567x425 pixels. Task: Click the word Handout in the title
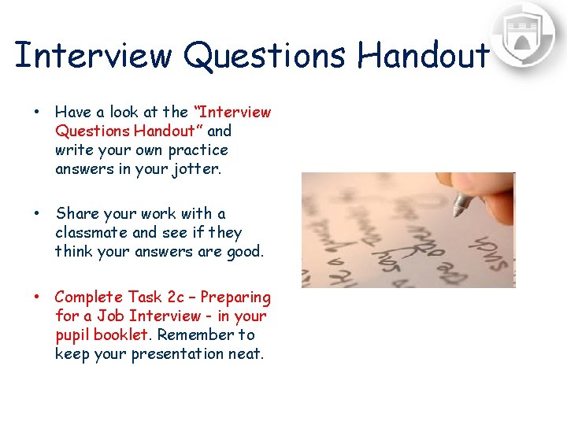tap(423, 55)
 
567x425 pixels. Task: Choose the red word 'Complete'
tap(87, 297)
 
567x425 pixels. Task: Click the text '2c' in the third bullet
tap(176, 297)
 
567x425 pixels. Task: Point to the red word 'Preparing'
tap(235, 297)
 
